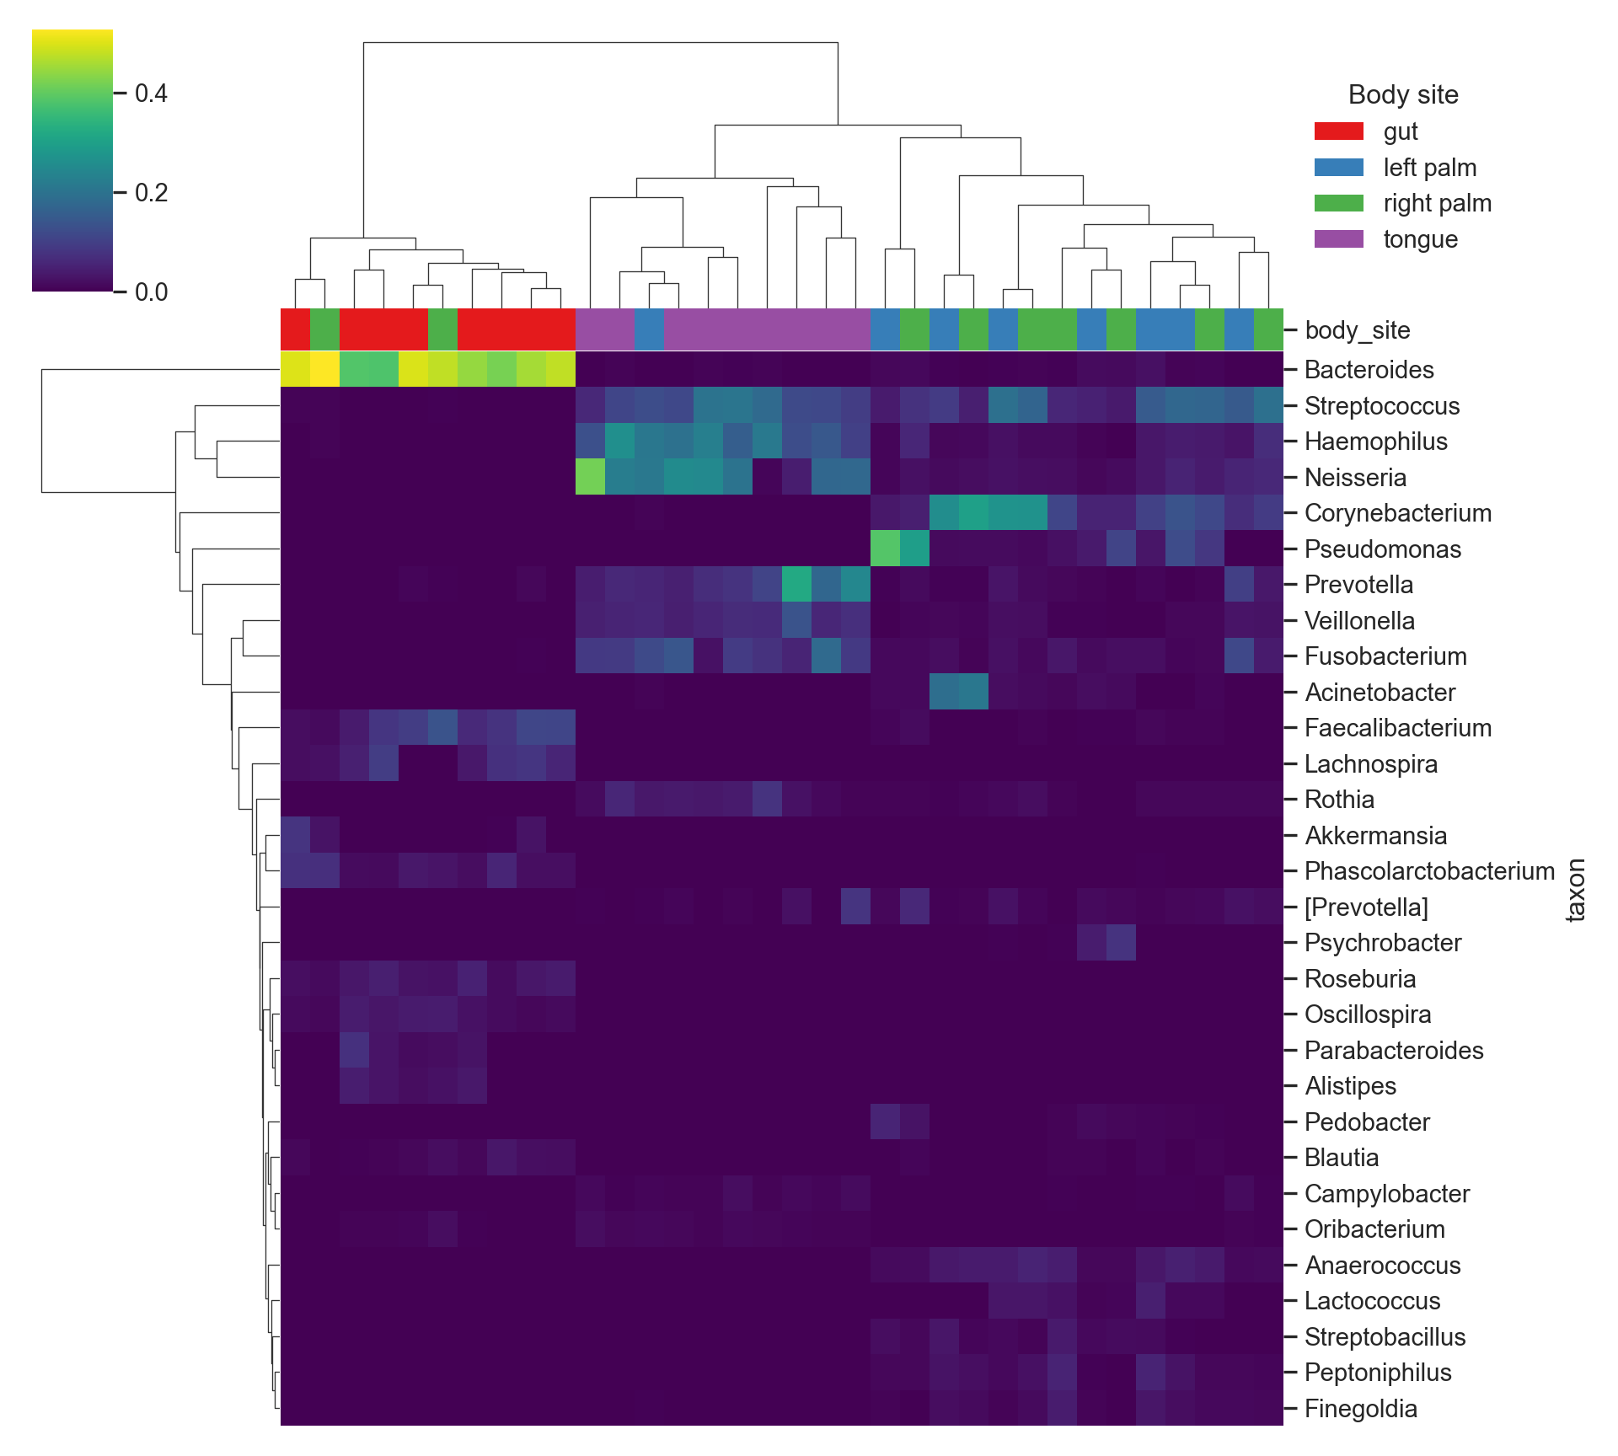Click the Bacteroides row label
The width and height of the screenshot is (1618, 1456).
pyautogui.click(x=1369, y=370)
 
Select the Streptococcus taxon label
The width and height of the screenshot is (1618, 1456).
pyautogui.click(x=1381, y=406)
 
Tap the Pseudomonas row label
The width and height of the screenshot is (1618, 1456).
pyautogui.click(x=1382, y=549)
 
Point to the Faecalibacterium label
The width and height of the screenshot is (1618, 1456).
pyautogui.click(x=1397, y=728)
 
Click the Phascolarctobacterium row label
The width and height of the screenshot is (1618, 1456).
pyautogui.click(x=1429, y=871)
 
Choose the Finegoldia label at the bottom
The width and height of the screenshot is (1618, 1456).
pyautogui.click(x=1360, y=1409)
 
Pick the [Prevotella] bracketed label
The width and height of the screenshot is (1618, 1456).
pyautogui.click(x=1366, y=907)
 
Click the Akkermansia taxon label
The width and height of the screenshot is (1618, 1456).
pyautogui.click(x=1375, y=836)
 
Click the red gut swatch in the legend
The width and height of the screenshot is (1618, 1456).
pyautogui.click(x=1338, y=131)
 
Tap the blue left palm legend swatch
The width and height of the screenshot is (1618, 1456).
pyautogui.click(x=1338, y=168)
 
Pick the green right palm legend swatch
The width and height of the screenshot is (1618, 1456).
pyautogui.click(x=1338, y=203)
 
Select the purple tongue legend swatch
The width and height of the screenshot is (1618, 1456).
pyautogui.click(x=1338, y=239)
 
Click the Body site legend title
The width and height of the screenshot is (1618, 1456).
pyautogui.click(x=1403, y=94)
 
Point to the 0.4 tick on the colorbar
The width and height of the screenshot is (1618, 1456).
pyautogui.click(x=151, y=93)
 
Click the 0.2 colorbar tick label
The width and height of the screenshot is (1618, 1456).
pyautogui.click(x=151, y=193)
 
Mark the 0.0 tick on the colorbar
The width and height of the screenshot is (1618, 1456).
pyautogui.click(x=151, y=292)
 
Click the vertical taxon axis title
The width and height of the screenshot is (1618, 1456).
pyautogui.click(x=1575, y=890)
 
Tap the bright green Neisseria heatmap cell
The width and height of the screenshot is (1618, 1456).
pyautogui.click(x=590, y=478)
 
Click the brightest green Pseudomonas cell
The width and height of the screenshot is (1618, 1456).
pyautogui.click(x=885, y=549)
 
